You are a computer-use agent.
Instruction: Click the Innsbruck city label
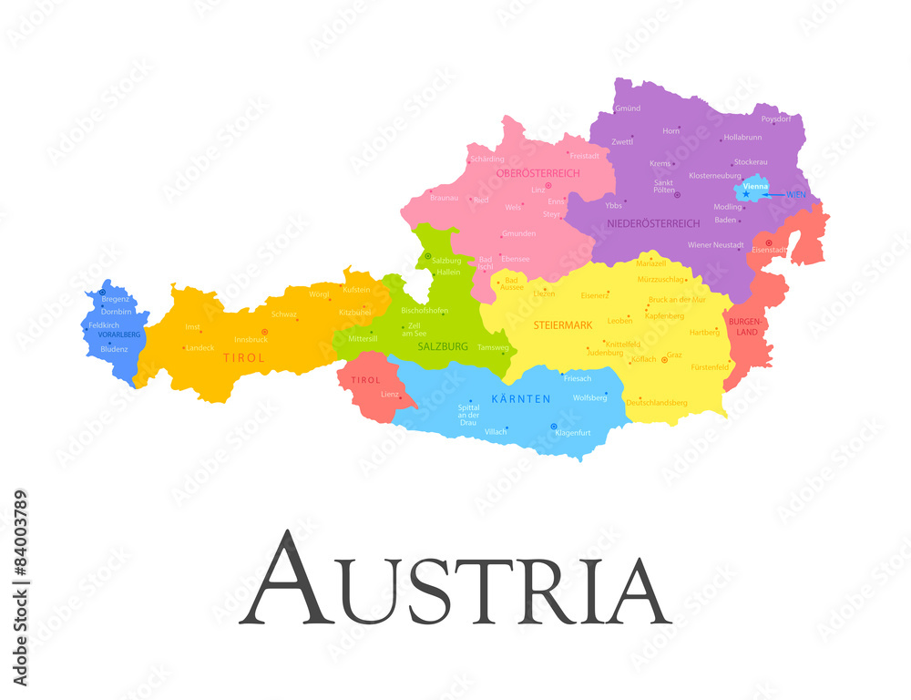pos(251,340)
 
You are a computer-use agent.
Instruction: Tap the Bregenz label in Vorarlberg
pos(116,299)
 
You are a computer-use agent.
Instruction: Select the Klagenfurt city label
pos(573,432)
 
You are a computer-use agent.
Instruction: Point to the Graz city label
pos(674,355)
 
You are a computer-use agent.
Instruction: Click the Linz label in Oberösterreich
pos(538,190)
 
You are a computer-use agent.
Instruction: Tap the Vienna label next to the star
pos(755,186)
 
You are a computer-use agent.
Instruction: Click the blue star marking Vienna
pos(745,194)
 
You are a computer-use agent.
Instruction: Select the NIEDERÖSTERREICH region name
pos(653,223)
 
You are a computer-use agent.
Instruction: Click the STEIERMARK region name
pos(563,324)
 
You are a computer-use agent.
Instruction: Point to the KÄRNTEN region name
pos(521,399)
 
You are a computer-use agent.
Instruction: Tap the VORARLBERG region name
pos(118,335)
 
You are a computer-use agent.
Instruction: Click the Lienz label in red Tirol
pos(390,395)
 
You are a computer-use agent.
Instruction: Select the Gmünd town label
pos(628,108)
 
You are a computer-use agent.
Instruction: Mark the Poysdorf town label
pos(776,119)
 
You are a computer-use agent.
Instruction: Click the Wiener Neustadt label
pos(715,244)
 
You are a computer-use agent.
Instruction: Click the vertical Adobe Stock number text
pos(20,588)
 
